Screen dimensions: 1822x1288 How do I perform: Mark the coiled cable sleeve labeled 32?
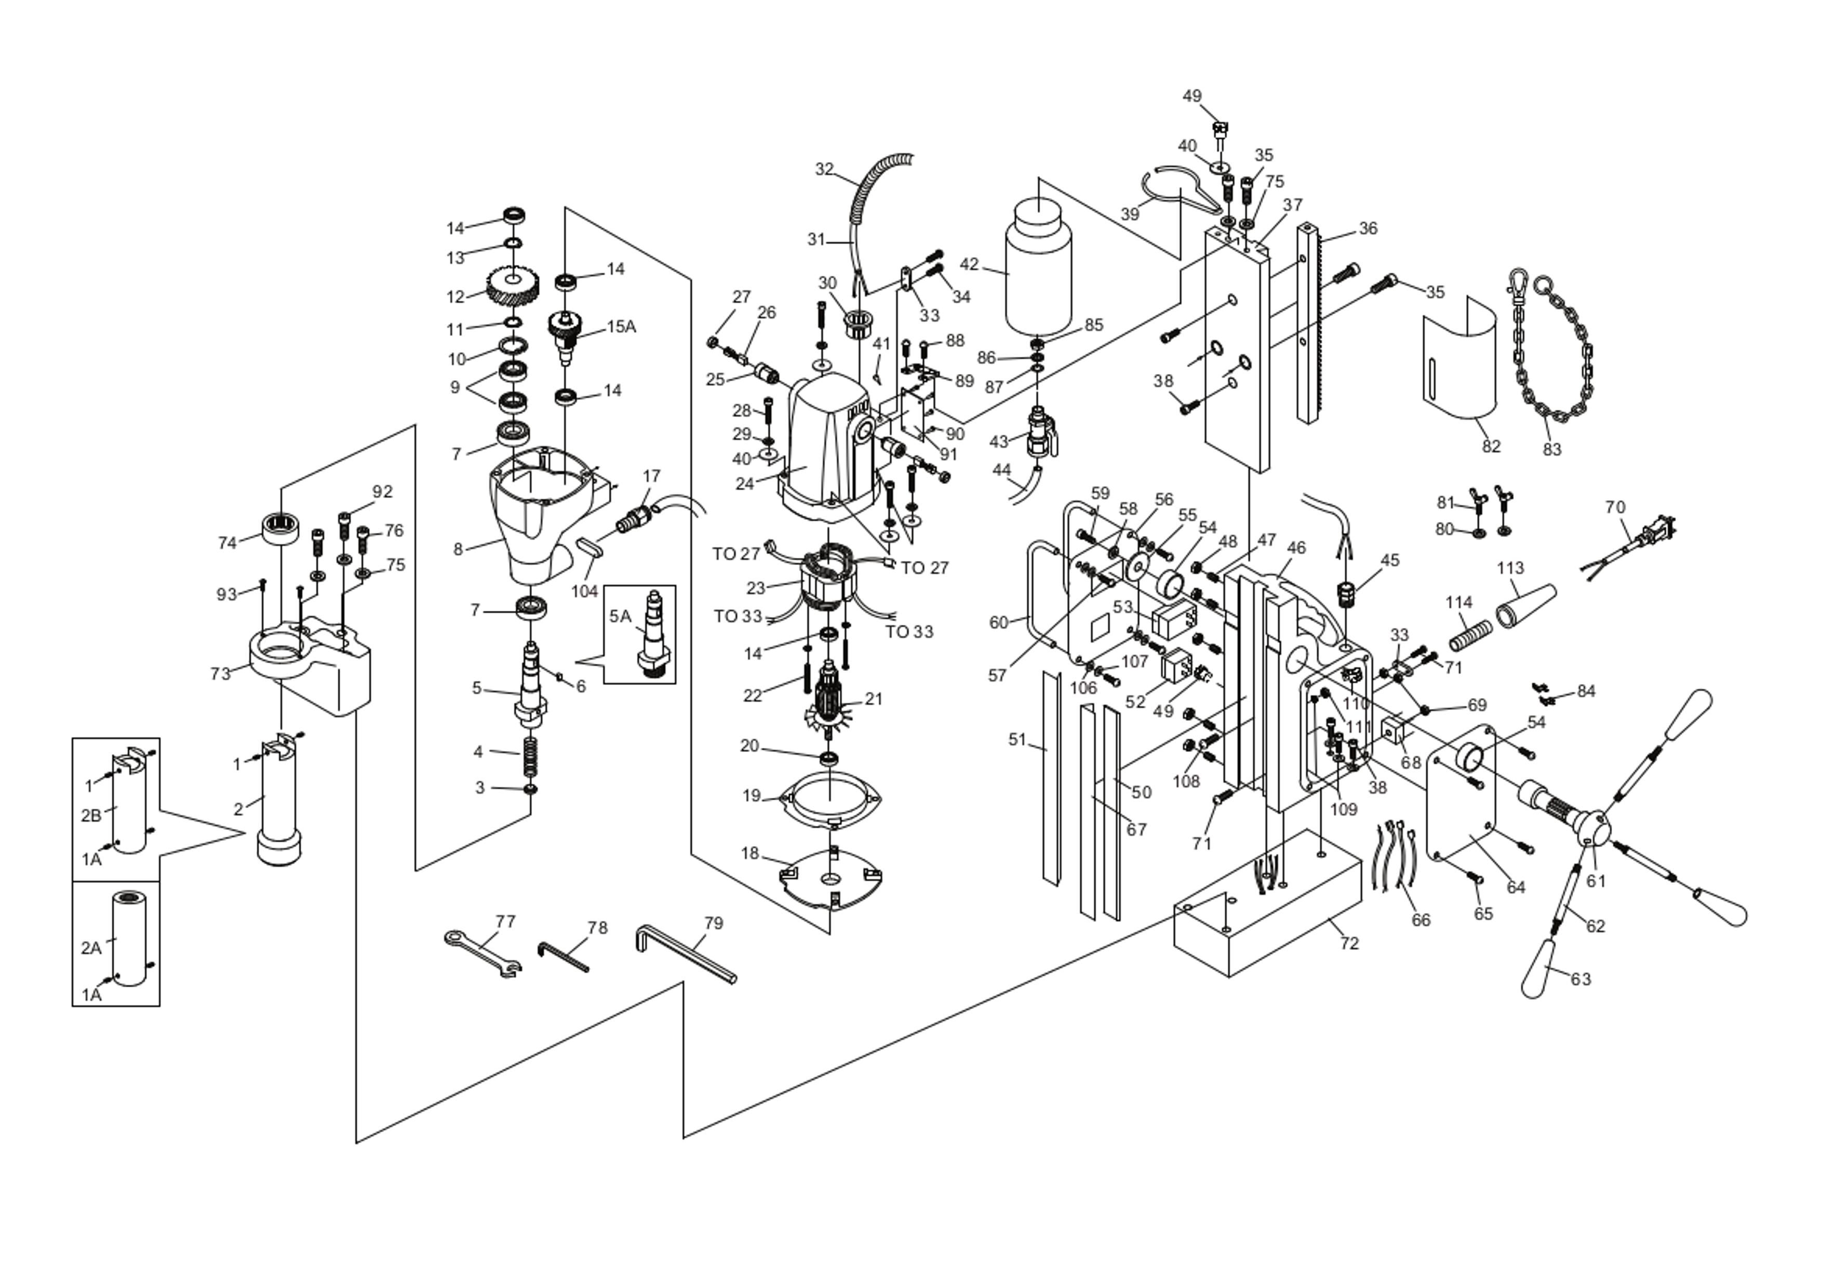(x=879, y=194)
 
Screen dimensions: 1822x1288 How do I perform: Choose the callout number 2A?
(x=91, y=947)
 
